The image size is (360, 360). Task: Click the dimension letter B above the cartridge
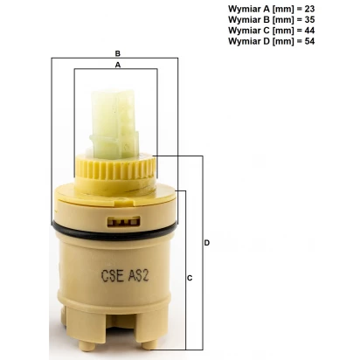118,53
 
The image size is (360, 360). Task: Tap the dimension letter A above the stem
118,65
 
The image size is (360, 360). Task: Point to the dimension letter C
190,278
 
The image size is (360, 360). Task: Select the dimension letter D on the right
207,243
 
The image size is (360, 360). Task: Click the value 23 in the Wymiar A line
309,9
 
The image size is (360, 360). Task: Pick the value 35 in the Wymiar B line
309,19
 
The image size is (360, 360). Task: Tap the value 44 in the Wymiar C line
309,31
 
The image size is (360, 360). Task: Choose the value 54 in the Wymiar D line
309,41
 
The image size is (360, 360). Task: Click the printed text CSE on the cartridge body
113,275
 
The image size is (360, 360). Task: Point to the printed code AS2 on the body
139,275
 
